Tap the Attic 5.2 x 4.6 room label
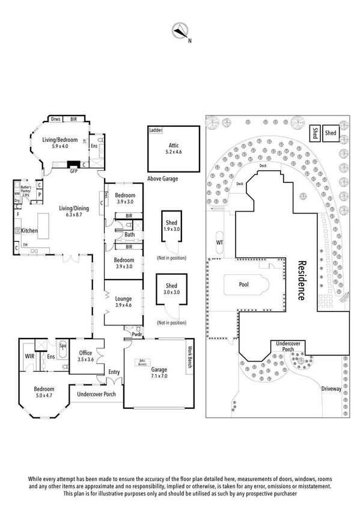[174, 149]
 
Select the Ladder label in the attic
[156, 129]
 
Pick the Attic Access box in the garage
[142, 362]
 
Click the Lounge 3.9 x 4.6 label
[123, 301]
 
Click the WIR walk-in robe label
[28, 356]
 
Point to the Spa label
[62, 346]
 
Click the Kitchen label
[30, 231]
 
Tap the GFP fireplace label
[75, 171]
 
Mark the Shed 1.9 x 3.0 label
[171, 226]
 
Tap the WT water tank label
[219, 242]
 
